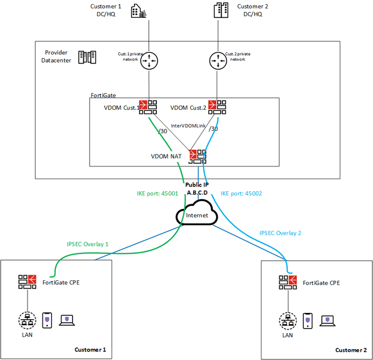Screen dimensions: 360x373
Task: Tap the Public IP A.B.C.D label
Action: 197,189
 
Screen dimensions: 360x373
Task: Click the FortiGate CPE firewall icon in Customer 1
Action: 28,282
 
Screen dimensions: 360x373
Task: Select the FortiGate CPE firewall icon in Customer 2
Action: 288,282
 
